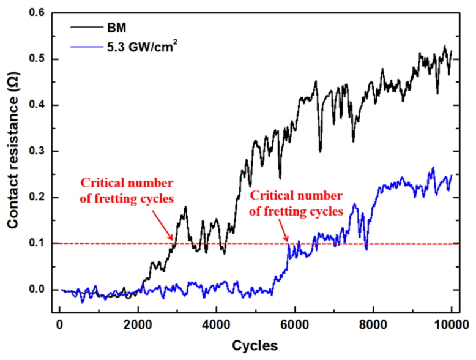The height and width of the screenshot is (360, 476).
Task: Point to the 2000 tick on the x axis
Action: pyautogui.click(x=138, y=325)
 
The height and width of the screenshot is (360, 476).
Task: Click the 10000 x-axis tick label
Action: pyautogui.click(x=451, y=325)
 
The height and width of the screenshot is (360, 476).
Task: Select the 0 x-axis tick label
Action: pyautogui.click(x=59, y=325)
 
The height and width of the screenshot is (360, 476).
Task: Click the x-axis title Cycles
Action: pyautogui.click(x=255, y=346)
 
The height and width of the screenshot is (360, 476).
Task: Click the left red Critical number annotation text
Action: pyautogui.click(x=127, y=189)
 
